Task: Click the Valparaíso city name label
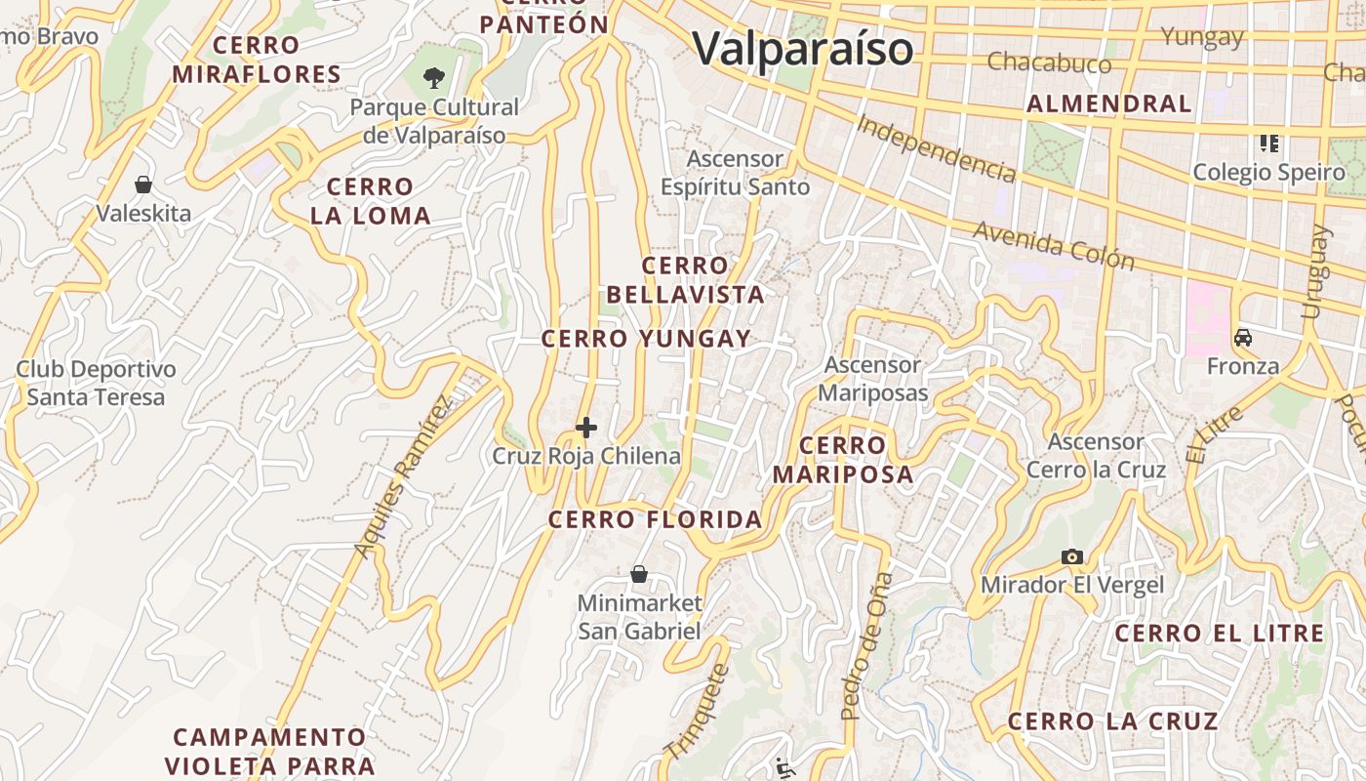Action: pos(802,49)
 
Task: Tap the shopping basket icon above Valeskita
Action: pos(143,184)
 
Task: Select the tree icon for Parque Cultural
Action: pos(434,76)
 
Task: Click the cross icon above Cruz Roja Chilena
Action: pos(586,428)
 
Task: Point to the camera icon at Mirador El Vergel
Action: pos(1072,556)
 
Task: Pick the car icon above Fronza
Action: pos(1243,338)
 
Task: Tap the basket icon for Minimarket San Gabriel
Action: pos(639,574)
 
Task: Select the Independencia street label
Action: pos(937,148)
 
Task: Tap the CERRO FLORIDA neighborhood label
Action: pos(655,519)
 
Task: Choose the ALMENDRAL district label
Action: pos(1109,103)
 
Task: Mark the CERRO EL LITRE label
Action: pos(1220,634)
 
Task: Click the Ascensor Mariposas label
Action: pos(872,379)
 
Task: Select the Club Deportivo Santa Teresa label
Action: pos(96,384)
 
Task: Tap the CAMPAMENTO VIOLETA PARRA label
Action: pos(269,751)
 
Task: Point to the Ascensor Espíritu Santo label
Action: pos(735,173)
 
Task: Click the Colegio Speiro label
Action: pos(1268,173)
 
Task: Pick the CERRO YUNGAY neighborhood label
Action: pos(646,339)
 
